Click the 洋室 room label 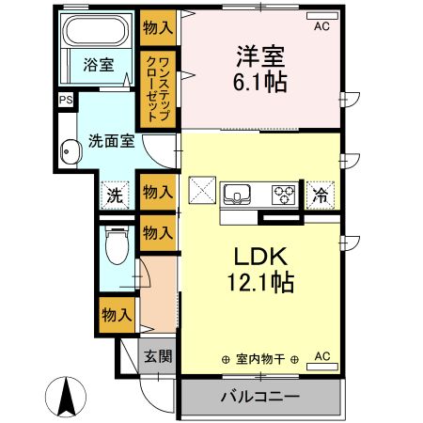(259, 55)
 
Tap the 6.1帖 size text (260, 81)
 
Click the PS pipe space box (66, 101)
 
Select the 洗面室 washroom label (111, 142)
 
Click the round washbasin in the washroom (69, 152)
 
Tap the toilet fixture (115, 247)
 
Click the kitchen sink (238, 195)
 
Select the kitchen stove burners (283, 195)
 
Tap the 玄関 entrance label (157, 356)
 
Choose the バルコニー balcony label (260, 397)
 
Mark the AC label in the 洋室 (322, 27)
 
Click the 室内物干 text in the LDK (260, 360)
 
